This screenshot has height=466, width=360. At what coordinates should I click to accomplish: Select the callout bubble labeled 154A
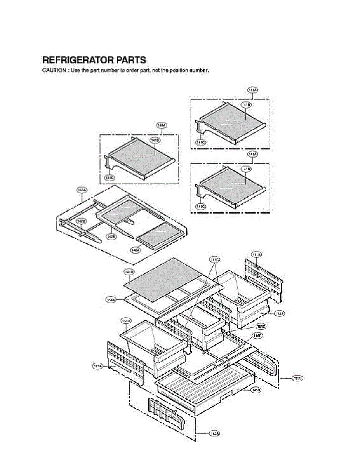(x=111, y=299)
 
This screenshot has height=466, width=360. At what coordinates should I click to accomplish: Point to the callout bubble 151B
(x=125, y=321)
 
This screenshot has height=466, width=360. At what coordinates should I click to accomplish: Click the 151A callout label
(x=278, y=313)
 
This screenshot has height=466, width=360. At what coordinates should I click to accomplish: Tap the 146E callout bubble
(x=257, y=335)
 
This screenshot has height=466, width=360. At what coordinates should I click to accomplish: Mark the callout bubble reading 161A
(x=97, y=365)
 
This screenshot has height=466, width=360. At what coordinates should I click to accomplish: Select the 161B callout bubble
(x=256, y=255)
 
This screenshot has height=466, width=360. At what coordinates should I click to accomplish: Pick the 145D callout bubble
(x=256, y=390)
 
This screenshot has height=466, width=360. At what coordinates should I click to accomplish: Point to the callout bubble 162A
(x=214, y=433)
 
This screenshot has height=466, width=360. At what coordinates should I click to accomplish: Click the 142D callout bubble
(x=81, y=221)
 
